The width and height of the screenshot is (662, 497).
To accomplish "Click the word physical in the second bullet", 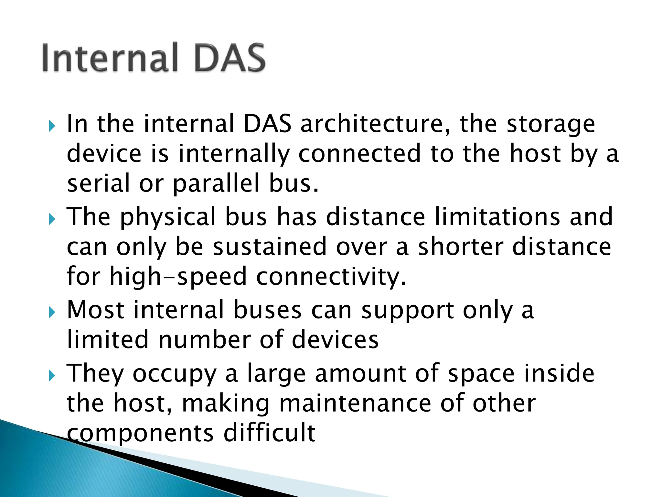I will point(168,217).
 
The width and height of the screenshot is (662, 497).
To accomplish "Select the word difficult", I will point(269,433).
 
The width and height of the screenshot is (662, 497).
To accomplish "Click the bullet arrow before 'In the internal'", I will point(52,126).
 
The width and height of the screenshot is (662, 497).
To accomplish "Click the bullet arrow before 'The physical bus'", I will point(52,219).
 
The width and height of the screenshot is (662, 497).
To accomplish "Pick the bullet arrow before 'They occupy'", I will point(52,376).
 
